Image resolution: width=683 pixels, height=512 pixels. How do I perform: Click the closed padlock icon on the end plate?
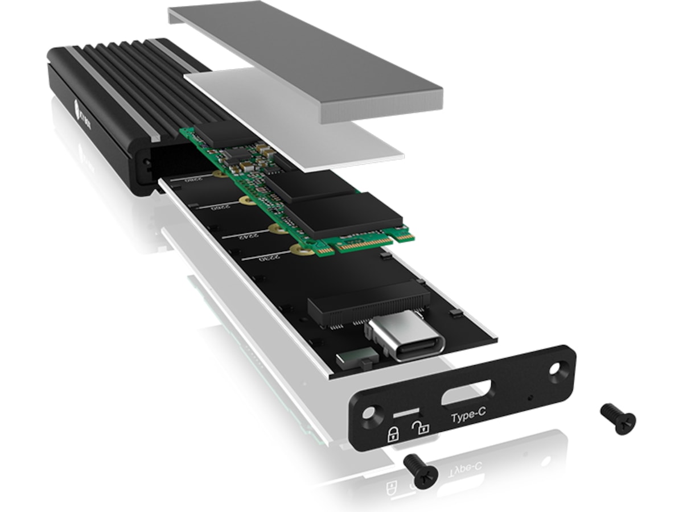coord(393,435)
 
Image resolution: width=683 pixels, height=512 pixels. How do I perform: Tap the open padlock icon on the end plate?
coord(421,428)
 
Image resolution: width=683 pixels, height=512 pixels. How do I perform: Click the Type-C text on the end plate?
coord(468,417)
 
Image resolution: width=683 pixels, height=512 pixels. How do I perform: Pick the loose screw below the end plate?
coord(421,470)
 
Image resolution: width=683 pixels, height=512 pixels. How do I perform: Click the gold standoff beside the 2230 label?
coord(295,249)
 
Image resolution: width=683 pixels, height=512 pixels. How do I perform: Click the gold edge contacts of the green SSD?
coord(364,243)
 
